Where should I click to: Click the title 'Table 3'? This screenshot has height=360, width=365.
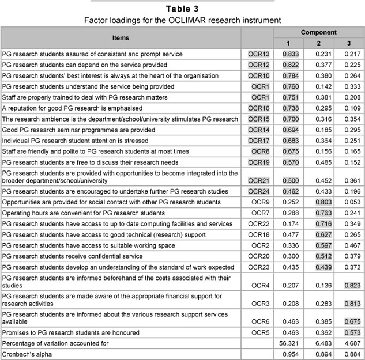182,8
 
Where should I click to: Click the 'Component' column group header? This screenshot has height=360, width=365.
318,32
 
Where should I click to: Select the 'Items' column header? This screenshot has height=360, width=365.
121,37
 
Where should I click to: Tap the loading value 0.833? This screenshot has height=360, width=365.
289,54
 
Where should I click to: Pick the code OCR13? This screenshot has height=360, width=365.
259,54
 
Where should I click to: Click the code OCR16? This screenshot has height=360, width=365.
259,108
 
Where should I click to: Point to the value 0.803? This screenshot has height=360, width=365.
319,202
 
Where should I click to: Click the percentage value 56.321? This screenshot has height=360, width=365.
289,343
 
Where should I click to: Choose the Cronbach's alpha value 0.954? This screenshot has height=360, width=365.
289,354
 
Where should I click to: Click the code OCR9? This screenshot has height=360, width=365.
261,202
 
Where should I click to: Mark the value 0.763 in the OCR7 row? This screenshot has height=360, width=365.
319,213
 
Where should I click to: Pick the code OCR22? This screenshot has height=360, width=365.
259,223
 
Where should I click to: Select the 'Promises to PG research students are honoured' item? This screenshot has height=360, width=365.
71,333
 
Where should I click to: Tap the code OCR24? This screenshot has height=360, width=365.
259,191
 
